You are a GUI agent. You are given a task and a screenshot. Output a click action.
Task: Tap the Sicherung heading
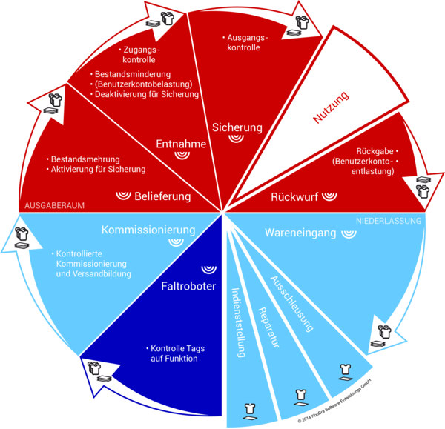point(237,127)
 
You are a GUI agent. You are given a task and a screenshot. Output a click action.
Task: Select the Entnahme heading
point(182,143)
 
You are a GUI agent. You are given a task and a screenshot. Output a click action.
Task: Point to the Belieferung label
point(162,196)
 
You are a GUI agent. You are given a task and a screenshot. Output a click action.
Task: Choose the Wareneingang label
point(300,233)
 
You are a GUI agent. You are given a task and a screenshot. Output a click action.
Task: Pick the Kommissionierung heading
point(148,230)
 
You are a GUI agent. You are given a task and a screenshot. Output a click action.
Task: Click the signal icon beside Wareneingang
point(348,233)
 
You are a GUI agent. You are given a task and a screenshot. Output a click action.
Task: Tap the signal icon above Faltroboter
point(207,267)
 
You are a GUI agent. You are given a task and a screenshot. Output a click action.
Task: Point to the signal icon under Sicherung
point(237,139)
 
